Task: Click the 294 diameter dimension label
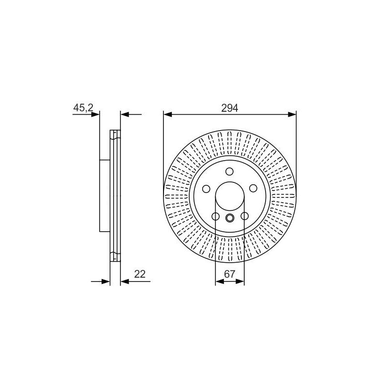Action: pyautogui.click(x=229, y=108)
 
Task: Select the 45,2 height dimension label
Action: pyautogui.click(x=83, y=107)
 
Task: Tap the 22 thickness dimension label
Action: pyautogui.click(x=140, y=274)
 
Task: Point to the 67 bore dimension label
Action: pyautogui.click(x=229, y=274)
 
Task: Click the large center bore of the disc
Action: pyautogui.click(x=230, y=196)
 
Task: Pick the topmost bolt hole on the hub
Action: pyautogui.click(x=229, y=171)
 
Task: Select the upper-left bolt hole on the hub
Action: pyautogui.click(x=206, y=189)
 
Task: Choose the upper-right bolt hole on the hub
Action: pyautogui.click(x=253, y=188)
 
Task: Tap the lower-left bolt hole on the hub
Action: pyautogui.click(x=215, y=216)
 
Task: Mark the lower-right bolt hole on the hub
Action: pyautogui.click(x=244, y=216)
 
